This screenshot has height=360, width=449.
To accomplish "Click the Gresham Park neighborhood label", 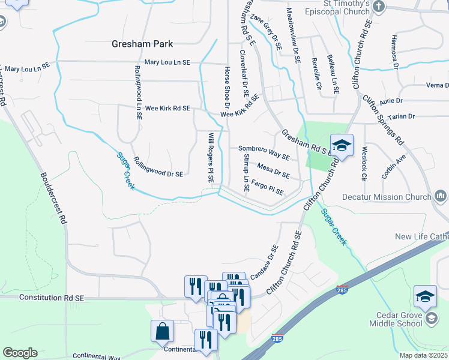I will pos(142,44).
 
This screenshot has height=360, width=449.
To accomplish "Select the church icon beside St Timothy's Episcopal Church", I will pos(378,7).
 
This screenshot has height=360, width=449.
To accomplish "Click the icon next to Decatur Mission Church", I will pos(441,196).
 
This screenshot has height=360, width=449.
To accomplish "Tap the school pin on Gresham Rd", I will pos(342,146).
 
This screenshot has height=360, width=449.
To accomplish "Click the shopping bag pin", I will pos(163,331).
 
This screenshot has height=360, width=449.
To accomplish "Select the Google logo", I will pos(20,352).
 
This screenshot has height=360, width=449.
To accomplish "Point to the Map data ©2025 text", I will pos(423,355).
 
